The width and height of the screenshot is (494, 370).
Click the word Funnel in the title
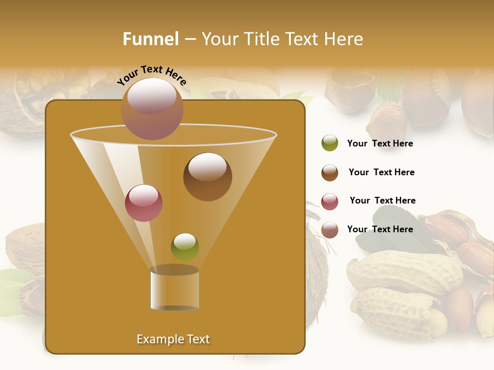coord(150,39)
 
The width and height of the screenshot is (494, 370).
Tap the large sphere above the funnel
coord(152,108)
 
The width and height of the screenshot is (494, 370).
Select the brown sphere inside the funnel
coord(207,177)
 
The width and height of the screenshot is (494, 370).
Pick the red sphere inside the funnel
coord(144,203)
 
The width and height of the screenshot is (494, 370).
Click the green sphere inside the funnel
coord(185,247)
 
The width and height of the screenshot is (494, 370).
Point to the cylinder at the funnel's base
coord(174,289)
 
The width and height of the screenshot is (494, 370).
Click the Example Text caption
coord(173,339)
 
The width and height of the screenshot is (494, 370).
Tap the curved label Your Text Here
coord(152,76)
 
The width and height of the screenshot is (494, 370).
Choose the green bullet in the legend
coord(330,143)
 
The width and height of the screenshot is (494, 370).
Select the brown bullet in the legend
coord(330,173)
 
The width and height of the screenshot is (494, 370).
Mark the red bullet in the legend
coord(330,201)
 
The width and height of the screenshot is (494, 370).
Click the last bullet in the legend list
coord(330,230)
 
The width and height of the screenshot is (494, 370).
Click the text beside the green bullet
coord(380,144)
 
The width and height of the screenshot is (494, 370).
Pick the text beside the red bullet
coord(382,200)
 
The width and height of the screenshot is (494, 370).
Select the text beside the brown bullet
coord(381,172)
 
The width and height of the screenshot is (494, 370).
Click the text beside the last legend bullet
coord(380,229)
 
